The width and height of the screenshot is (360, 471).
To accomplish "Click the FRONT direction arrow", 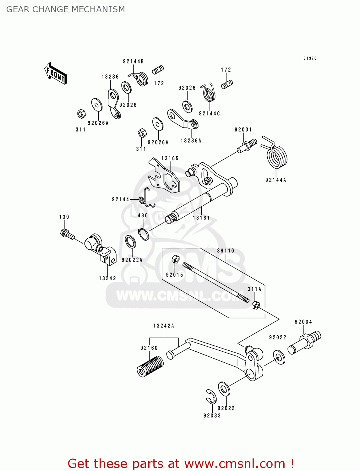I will pos(56,73).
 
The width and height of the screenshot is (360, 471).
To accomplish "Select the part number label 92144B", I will pos(133,62).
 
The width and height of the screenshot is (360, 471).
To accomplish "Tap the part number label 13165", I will pos(170,159).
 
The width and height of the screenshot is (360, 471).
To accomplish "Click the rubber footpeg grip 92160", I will pos(150,366).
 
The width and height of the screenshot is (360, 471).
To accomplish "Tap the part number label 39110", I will pos(226,251).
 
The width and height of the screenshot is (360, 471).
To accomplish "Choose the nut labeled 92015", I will pos(175,259).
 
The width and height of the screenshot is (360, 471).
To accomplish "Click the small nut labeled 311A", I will pos(256,305).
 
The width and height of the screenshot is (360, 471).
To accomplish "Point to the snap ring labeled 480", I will pos(144,234).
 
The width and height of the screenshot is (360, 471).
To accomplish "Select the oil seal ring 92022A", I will pos(130,241).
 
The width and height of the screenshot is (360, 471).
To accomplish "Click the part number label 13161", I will pos(201,218).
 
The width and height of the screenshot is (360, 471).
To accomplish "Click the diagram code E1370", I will pos(310,58).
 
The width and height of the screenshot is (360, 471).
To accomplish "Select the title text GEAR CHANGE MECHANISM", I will pos(66,9).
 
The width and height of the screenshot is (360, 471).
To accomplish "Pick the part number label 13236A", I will pos(191,141).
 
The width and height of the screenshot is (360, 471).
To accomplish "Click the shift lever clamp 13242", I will pos(101,248).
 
